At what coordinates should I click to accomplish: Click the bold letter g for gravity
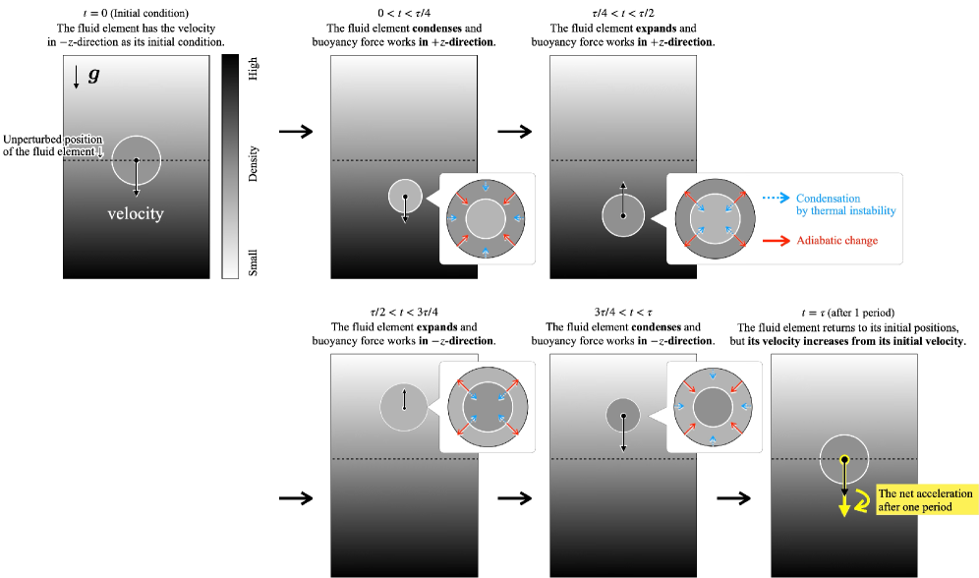pyautogui.click(x=93, y=75)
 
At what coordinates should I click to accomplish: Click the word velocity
pyautogui.click(x=136, y=213)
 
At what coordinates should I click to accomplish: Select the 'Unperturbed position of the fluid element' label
pyautogui.click(x=52, y=145)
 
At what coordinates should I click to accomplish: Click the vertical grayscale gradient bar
pyautogui.click(x=230, y=167)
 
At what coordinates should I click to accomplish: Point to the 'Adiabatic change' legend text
pyautogui.click(x=836, y=240)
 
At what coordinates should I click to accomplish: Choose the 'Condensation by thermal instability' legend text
pyautogui.click(x=845, y=204)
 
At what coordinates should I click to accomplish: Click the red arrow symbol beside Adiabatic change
pyautogui.click(x=775, y=240)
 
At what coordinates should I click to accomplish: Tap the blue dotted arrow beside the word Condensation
pyautogui.click(x=774, y=199)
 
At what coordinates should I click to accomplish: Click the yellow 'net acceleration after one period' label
pyautogui.click(x=925, y=500)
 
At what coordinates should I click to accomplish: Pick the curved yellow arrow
pyautogui.click(x=863, y=501)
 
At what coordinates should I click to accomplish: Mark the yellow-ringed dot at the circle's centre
pyautogui.click(x=843, y=459)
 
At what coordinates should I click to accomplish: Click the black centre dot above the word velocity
pyautogui.click(x=136, y=160)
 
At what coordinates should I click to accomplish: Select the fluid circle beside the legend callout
pyautogui.click(x=622, y=215)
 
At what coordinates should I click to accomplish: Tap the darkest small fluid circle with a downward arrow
pyautogui.click(x=623, y=415)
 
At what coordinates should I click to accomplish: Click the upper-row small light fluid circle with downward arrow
pyautogui.click(x=405, y=197)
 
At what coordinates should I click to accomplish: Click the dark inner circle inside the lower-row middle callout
pyautogui.click(x=713, y=405)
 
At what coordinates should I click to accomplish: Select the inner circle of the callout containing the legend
pyautogui.click(x=715, y=218)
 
